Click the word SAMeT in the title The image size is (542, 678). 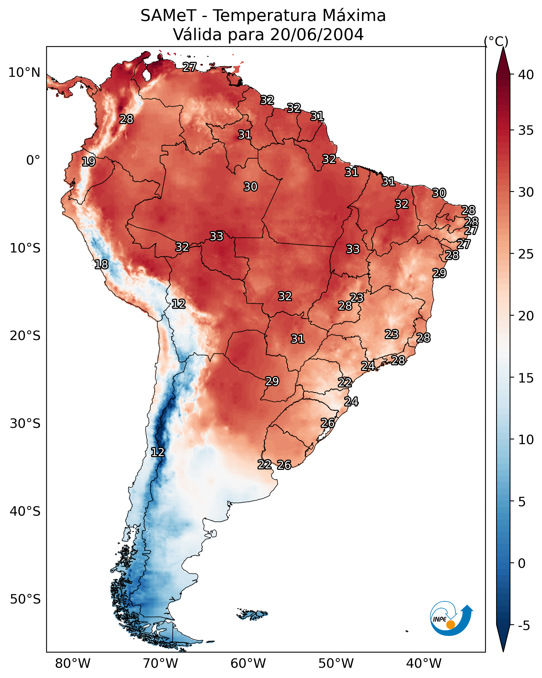point(168,16)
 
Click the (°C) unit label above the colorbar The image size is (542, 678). point(496,41)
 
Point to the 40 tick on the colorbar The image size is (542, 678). point(526,75)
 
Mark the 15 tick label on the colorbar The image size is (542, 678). point(526,378)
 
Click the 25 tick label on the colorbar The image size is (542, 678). point(526,254)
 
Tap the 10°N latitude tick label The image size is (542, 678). point(24,73)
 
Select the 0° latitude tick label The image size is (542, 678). point(33,160)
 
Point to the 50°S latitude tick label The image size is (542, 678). point(25,599)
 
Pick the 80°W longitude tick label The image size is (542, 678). point(73,663)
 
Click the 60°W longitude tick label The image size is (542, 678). point(248,663)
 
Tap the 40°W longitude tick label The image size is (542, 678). point(424,663)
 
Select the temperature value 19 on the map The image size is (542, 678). point(88,162)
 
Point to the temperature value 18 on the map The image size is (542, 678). point(101,265)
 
